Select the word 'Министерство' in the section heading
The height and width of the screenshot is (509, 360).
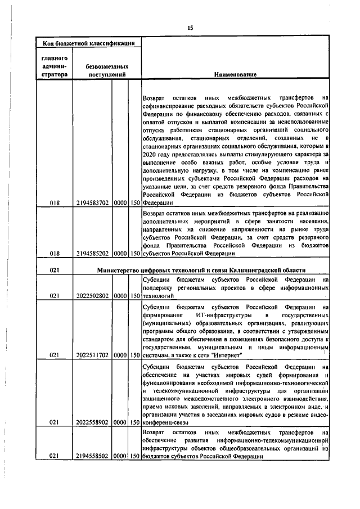[118, 271]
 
